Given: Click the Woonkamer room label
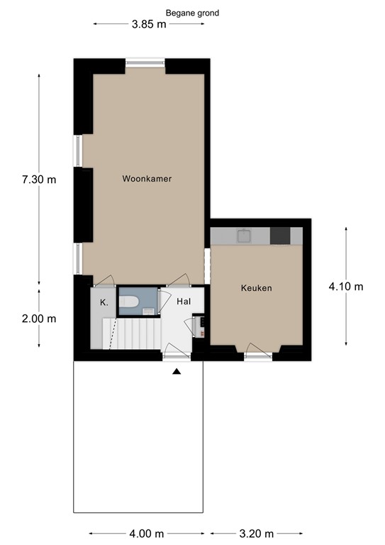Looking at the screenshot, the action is click(x=147, y=179).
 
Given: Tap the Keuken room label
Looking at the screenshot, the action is click(x=256, y=288).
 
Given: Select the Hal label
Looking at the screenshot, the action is click(x=184, y=302).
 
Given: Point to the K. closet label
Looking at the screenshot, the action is click(x=104, y=302).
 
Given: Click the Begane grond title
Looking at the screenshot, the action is click(x=192, y=13).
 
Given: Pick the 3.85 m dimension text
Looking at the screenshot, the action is click(x=149, y=24).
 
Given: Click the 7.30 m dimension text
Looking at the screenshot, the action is click(x=39, y=180).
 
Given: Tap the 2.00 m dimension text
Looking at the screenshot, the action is click(x=39, y=319).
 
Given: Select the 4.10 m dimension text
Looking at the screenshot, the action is click(x=346, y=287).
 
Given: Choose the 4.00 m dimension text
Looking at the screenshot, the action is click(x=147, y=534).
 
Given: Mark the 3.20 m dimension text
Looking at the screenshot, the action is click(x=257, y=534).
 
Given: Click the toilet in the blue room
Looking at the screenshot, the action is click(x=129, y=302).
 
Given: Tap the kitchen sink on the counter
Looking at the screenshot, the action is click(x=245, y=236).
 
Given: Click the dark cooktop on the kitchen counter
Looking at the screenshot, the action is click(x=280, y=236).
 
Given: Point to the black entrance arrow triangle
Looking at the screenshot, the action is click(x=177, y=372).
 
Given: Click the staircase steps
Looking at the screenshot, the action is click(x=132, y=334).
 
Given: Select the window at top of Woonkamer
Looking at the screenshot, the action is click(x=145, y=63).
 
